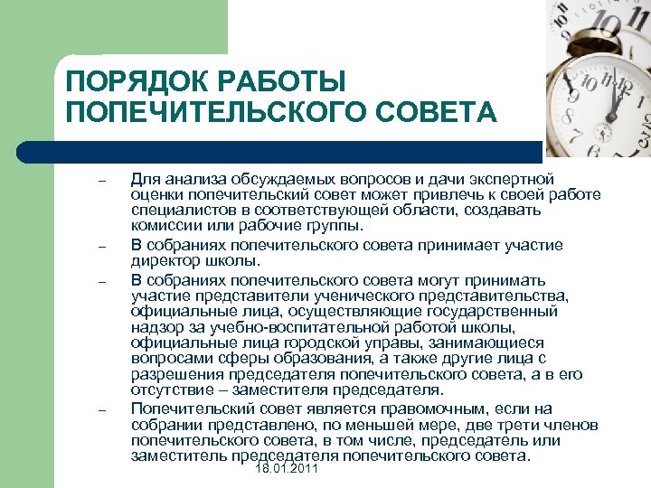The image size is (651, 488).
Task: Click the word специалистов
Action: click(174, 211)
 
